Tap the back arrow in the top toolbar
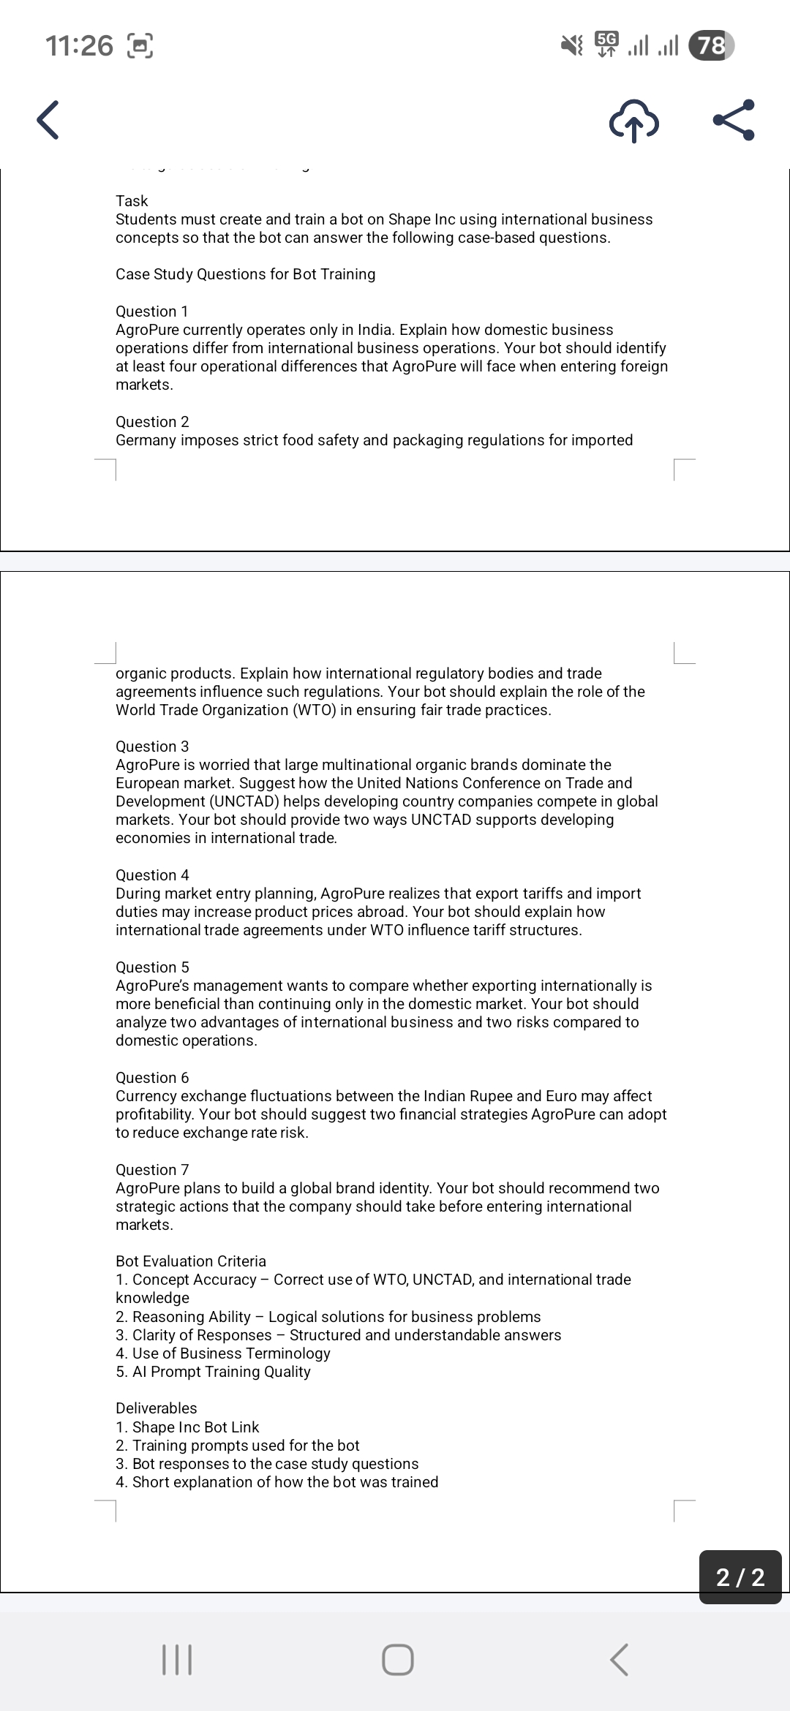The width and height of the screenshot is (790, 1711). click(48, 121)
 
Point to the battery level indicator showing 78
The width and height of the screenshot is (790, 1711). click(711, 46)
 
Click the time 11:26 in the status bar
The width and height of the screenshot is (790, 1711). click(80, 46)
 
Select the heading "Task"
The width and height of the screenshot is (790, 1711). click(132, 201)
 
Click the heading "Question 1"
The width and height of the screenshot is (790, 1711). click(152, 311)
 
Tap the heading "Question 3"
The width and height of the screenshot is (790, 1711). click(152, 747)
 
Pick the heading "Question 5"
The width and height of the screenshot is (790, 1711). click(152, 967)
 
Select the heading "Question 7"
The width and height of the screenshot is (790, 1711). click(152, 1170)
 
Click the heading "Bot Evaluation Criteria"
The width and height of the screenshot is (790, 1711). click(191, 1261)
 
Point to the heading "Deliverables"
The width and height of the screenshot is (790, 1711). click(157, 1408)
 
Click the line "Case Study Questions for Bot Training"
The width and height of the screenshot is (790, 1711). click(246, 274)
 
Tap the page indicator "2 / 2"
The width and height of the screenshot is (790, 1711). click(740, 1577)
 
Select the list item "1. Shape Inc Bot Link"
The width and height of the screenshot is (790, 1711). click(187, 1427)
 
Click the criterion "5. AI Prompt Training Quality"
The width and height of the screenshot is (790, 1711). click(213, 1372)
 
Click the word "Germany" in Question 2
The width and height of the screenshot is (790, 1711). click(146, 440)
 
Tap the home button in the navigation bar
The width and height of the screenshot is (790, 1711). click(397, 1661)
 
